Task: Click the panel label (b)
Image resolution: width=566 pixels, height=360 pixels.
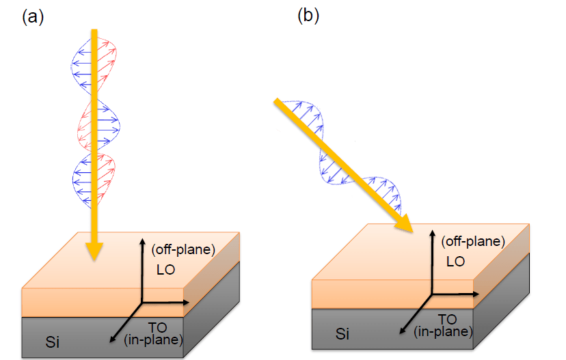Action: [x=308, y=16]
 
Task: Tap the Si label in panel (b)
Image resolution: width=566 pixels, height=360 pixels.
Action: [x=344, y=333]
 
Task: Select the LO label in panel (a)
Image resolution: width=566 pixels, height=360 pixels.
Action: [x=165, y=271]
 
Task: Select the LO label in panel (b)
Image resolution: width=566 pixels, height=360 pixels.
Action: [x=456, y=261]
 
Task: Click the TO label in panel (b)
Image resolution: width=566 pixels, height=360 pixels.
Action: [x=447, y=318]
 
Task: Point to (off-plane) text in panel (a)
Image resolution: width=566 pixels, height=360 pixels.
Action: [x=183, y=250]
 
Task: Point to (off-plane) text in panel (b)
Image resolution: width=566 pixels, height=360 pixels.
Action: [x=473, y=241]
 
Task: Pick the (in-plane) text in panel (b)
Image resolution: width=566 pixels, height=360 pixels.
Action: [x=443, y=331]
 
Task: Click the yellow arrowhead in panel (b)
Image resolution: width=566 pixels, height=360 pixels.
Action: [x=407, y=225]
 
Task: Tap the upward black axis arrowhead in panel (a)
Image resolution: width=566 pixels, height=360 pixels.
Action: [x=142, y=242]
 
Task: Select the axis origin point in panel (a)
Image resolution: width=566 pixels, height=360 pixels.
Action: [x=142, y=301]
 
